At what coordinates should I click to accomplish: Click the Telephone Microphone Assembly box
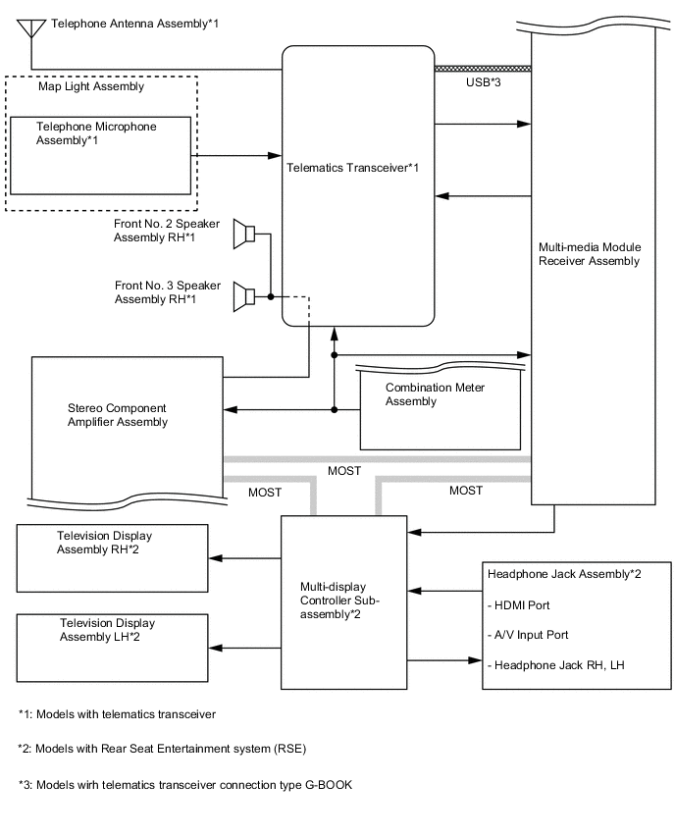tap(100, 156)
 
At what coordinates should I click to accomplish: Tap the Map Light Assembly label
tap(90, 86)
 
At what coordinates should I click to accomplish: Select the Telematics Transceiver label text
tap(353, 168)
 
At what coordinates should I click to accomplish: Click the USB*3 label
tap(483, 83)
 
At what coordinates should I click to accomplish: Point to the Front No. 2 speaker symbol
tap(244, 235)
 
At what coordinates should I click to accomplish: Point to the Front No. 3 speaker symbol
tap(244, 295)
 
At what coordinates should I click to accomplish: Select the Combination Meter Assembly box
tap(440, 405)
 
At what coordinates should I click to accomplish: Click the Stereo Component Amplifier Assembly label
tap(118, 415)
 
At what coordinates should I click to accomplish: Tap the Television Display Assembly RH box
tap(113, 557)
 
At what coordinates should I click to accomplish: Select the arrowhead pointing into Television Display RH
tap(217, 558)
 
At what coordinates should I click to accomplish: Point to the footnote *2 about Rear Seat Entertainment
tap(162, 749)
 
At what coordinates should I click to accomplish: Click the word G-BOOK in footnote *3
tap(326, 785)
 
